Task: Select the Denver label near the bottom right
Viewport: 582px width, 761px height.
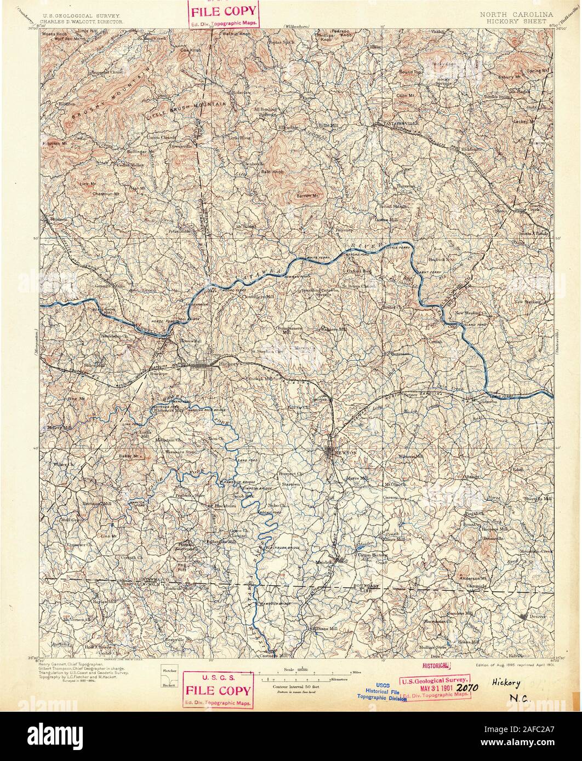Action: tap(538, 616)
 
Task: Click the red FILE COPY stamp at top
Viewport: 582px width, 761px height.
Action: tap(223, 15)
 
